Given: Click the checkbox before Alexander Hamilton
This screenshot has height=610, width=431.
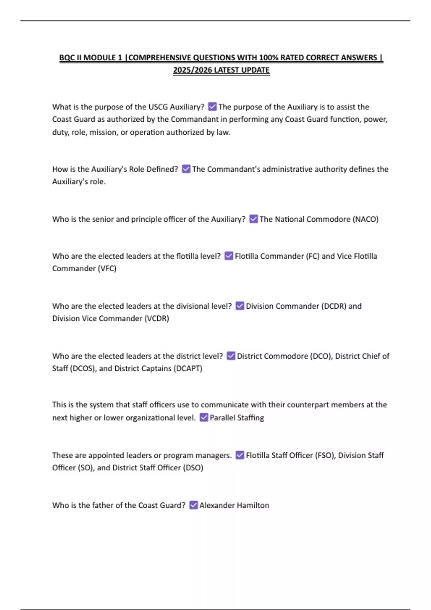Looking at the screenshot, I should (x=193, y=505).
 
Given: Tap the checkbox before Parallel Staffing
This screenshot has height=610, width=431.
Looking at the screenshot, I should (x=204, y=417).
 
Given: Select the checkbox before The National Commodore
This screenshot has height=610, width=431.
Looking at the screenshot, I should (x=254, y=219).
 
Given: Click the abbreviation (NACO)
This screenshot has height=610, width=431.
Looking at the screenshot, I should (x=366, y=219).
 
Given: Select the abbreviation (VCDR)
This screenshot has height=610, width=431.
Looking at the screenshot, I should (x=157, y=318).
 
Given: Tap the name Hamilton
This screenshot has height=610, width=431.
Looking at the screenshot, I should (x=253, y=505).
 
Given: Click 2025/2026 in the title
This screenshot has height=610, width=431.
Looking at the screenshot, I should (x=192, y=70).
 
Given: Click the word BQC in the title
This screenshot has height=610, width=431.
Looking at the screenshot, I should (x=67, y=58).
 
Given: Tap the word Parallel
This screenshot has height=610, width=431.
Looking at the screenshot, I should (x=222, y=418).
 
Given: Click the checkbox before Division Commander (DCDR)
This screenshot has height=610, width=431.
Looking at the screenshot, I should (x=240, y=306).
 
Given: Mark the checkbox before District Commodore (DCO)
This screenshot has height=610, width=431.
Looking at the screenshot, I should (x=231, y=356).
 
